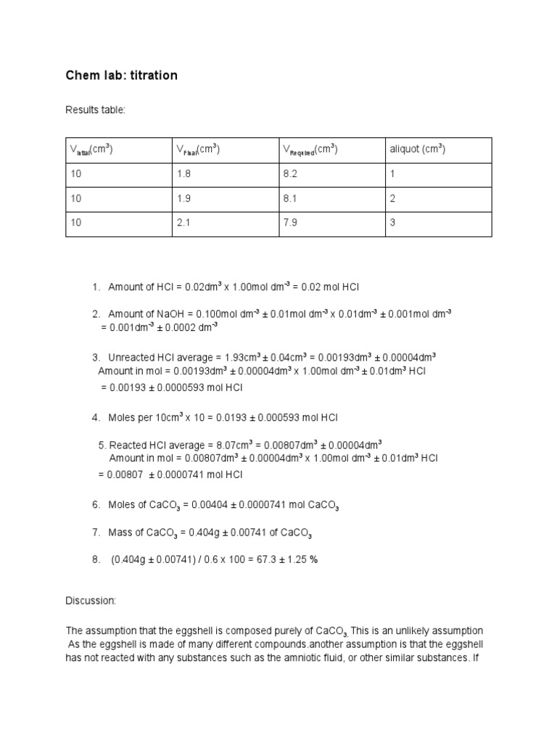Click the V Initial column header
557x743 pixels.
click(x=91, y=150)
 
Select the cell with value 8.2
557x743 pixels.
click(x=289, y=175)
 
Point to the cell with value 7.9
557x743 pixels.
click(x=289, y=223)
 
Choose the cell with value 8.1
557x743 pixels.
click(x=289, y=199)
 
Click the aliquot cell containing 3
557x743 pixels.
click(x=393, y=223)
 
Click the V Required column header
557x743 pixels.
click(x=310, y=150)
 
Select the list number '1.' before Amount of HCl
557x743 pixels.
click(x=96, y=287)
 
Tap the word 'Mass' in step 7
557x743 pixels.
click(x=120, y=533)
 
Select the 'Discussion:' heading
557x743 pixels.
click(x=91, y=602)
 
